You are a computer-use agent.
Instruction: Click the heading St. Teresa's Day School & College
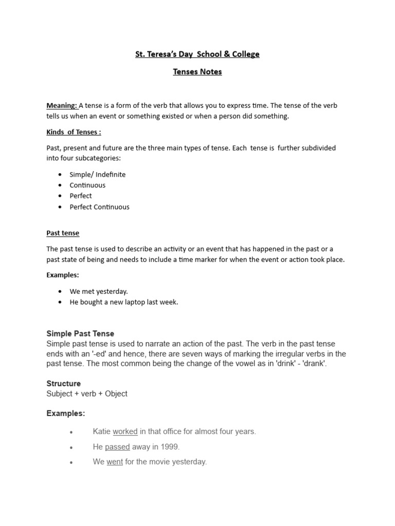point(197,54)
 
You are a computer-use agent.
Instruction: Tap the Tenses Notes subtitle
point(197,72)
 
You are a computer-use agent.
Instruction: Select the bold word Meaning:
point(62,105)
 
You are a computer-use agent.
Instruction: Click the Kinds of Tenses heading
point(74,132)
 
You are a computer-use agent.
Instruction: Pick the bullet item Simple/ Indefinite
point(98,175)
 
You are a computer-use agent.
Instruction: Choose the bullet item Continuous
point(87,185)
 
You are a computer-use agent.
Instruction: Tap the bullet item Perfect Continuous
point(99,207)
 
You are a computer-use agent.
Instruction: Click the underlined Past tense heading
point(63,233)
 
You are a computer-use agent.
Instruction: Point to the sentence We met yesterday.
point(99,291)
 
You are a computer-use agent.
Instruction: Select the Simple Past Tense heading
point(80,334)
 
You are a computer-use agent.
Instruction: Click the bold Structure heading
point(63,384)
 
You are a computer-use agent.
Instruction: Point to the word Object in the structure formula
point(116,394)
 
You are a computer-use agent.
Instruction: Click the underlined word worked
point(125,431)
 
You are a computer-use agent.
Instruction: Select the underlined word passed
point(117,447)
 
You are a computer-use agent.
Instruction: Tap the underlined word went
point(115,462)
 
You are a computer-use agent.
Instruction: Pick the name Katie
point(101,431)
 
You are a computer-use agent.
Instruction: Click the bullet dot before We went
point(71,462)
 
